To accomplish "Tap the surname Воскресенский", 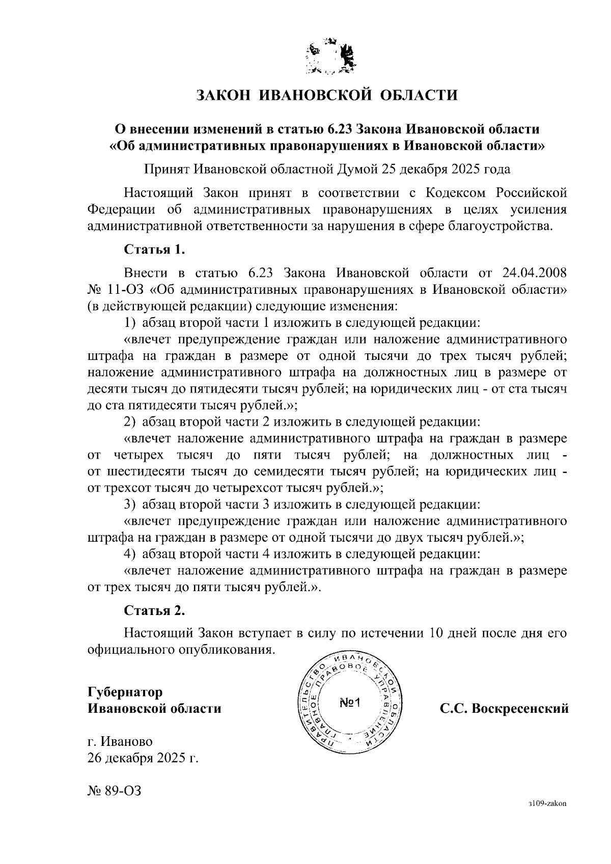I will click(520, 708).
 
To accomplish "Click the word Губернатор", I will click(125, 692).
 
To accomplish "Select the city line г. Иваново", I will click(120, 741).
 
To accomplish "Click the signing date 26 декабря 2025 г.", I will click(143, 758).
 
